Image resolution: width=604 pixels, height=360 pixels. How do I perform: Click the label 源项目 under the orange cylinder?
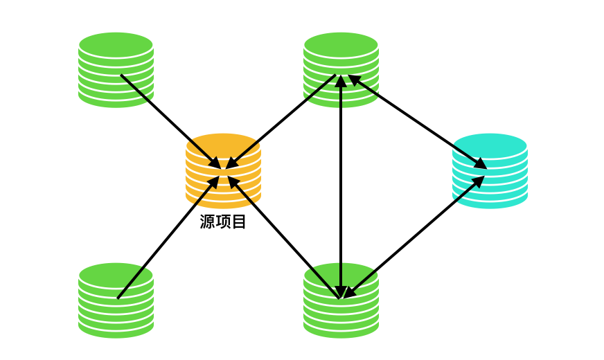click(223, 222)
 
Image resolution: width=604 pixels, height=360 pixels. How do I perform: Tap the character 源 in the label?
click(208, 222)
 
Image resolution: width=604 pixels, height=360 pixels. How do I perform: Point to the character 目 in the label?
click(239, 222)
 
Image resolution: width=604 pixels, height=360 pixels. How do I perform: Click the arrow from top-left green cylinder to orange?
click(170, 120)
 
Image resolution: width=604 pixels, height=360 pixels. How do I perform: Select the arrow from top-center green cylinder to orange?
click(281, 121)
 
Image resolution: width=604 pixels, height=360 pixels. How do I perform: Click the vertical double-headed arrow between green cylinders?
click(341, 187)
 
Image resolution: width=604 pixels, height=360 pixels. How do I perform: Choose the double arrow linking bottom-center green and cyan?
click(414, 237)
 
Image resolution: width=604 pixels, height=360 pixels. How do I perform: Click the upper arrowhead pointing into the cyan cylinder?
click(480, 163)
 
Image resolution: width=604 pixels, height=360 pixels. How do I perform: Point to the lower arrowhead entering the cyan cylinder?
click(478, 181)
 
